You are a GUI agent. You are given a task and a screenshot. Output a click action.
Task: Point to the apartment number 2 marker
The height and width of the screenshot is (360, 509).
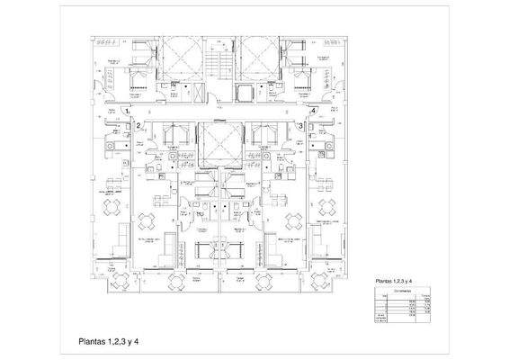point(139,126)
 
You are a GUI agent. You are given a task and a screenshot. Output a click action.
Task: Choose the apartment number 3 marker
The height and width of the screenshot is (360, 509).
point(299,126)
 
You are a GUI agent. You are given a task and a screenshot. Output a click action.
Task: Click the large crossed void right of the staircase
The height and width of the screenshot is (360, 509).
point(255,58)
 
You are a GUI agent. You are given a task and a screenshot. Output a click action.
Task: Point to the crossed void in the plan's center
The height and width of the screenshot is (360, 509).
point(217,143)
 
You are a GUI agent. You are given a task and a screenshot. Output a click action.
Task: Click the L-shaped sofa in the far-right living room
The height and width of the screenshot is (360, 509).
point(326,238)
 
